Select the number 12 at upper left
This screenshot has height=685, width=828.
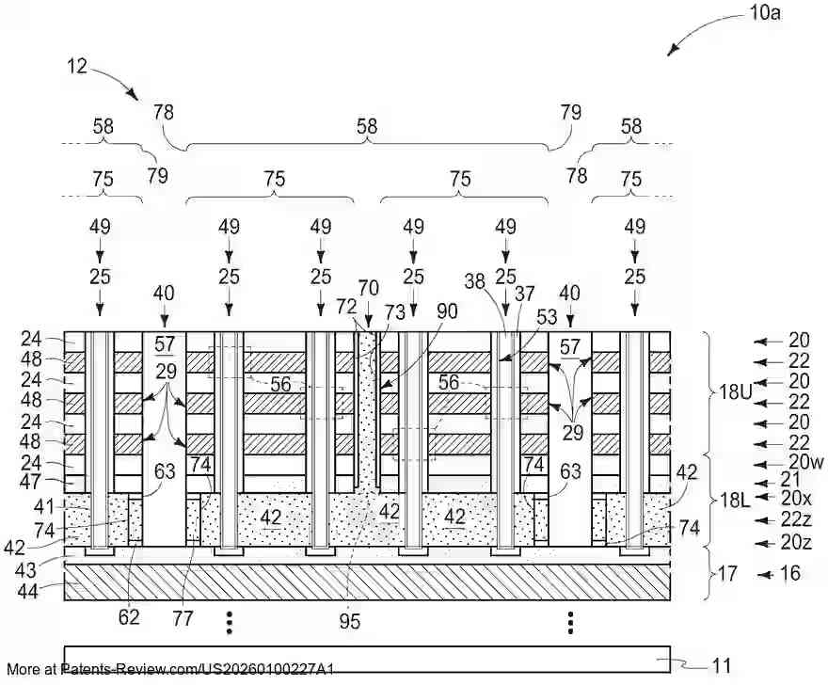pyautogui.click(x=77, y=66)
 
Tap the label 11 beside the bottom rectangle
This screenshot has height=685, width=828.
pyautogui.click(x=721, y=666)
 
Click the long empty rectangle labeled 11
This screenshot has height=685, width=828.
pyautogui.click(x=367, y=658)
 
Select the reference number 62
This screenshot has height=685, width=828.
pyautogui.click(x=129, y=618)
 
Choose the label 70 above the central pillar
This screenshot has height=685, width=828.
pyautogui.click(x=368, y=289)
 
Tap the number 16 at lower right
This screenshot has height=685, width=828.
pyautogui.click(x=791, y=573)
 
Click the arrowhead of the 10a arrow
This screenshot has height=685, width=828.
pyautogui.click(x=670, y=54)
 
